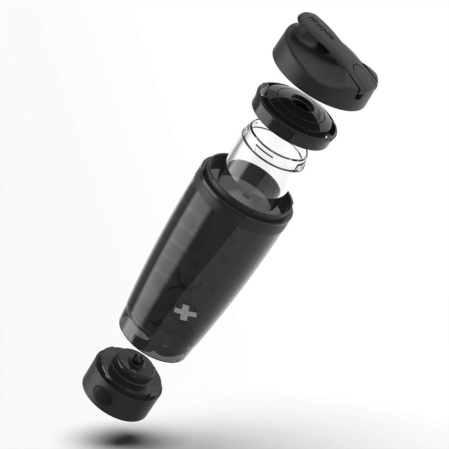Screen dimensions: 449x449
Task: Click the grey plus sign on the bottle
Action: pyautogui.click(x=185, y=312)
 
